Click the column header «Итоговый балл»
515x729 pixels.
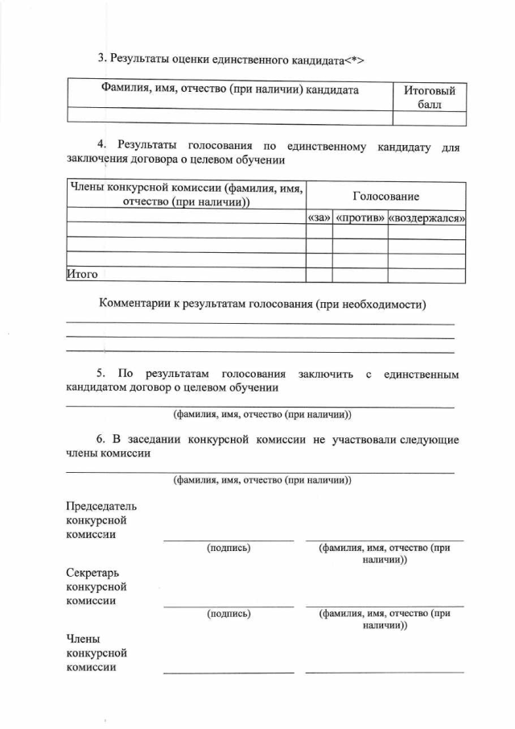[430, 98]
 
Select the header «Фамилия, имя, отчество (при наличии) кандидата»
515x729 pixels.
[229, 90]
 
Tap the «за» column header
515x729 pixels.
[319, 218]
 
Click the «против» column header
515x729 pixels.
[360, 218]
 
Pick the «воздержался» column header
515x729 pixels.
[426, 218]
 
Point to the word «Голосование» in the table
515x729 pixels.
[386, 196]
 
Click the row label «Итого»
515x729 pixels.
[82, 275]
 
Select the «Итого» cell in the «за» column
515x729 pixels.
[319, 275]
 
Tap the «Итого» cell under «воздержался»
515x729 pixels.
[426, 275]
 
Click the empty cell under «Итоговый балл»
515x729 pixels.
[430, 118]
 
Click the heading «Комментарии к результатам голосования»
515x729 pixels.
[262, 304]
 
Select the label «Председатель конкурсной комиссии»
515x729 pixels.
[101, 520]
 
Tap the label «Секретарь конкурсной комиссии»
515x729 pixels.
[97, 586]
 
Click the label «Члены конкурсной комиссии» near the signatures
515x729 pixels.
[97, 652]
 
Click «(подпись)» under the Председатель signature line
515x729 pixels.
[229, 548]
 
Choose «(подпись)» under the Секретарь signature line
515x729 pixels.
[229, 613]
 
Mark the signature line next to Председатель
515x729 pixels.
[229, 540]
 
